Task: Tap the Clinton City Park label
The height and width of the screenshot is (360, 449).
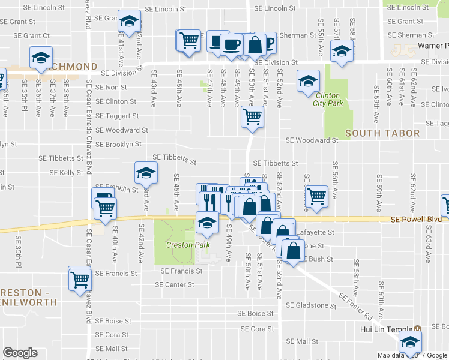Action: point(326,99)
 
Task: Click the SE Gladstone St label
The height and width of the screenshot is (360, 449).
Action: point(311,305)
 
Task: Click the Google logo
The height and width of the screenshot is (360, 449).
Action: point(20,353)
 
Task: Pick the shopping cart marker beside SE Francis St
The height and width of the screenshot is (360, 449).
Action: point(79,278)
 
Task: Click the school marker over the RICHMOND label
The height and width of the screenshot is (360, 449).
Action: point(40,58)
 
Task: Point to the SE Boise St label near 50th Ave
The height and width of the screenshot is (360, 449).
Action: point(256,313)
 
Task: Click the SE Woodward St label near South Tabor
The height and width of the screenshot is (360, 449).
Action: point(312,140)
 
